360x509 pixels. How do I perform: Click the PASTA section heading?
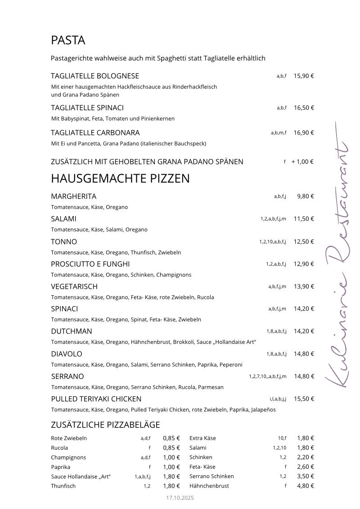pyautogui.click(x=68, y=41)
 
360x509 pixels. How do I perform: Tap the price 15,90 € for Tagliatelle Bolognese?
pyautogui.click(x=304, y=76)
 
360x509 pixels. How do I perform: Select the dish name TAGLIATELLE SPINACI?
pyautogui.click(x=87, y=108)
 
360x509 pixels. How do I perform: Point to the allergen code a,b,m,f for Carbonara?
pyautogui.click(x=279, y=133)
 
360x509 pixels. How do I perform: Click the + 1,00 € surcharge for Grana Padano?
pyautogui.click(x=302, y=162)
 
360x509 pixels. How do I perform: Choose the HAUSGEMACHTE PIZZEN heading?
pyautogui.click(x=120, y=179)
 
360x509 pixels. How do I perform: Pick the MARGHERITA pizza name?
pyautogui.click(x=73, y=197)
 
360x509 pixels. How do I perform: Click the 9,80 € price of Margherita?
pyautogui.click(x=306, y=196)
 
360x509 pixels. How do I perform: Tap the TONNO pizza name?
pyautogui.click(x=64, y=242)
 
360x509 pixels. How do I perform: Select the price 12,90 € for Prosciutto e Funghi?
pyautogui.click(x=304, y=264)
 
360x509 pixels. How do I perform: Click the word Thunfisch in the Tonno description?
pyautogui.click(x=143, y=252)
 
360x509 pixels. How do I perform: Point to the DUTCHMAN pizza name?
pyautogui.click(x=72, y=331)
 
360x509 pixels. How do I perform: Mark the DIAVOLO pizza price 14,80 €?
pyautogui.click(x=304, y=354)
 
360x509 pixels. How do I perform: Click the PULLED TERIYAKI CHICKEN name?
pyautogui.click(x=96, y=399)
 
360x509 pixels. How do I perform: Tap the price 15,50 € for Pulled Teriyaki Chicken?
pyautogui.click(x=304, y=399)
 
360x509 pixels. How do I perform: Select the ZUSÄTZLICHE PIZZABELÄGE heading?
pyautogui.click(x=105, y=425)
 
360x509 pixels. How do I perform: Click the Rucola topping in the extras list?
pyautogui.click(x=59, y=448)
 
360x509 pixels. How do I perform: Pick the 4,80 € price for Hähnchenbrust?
pyautogui.click(x=306, y=486)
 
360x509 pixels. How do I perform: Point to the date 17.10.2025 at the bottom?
pyautogui.click(x=180, y=498)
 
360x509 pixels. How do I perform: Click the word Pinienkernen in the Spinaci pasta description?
pyautogui.click(x=159, y=119)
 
